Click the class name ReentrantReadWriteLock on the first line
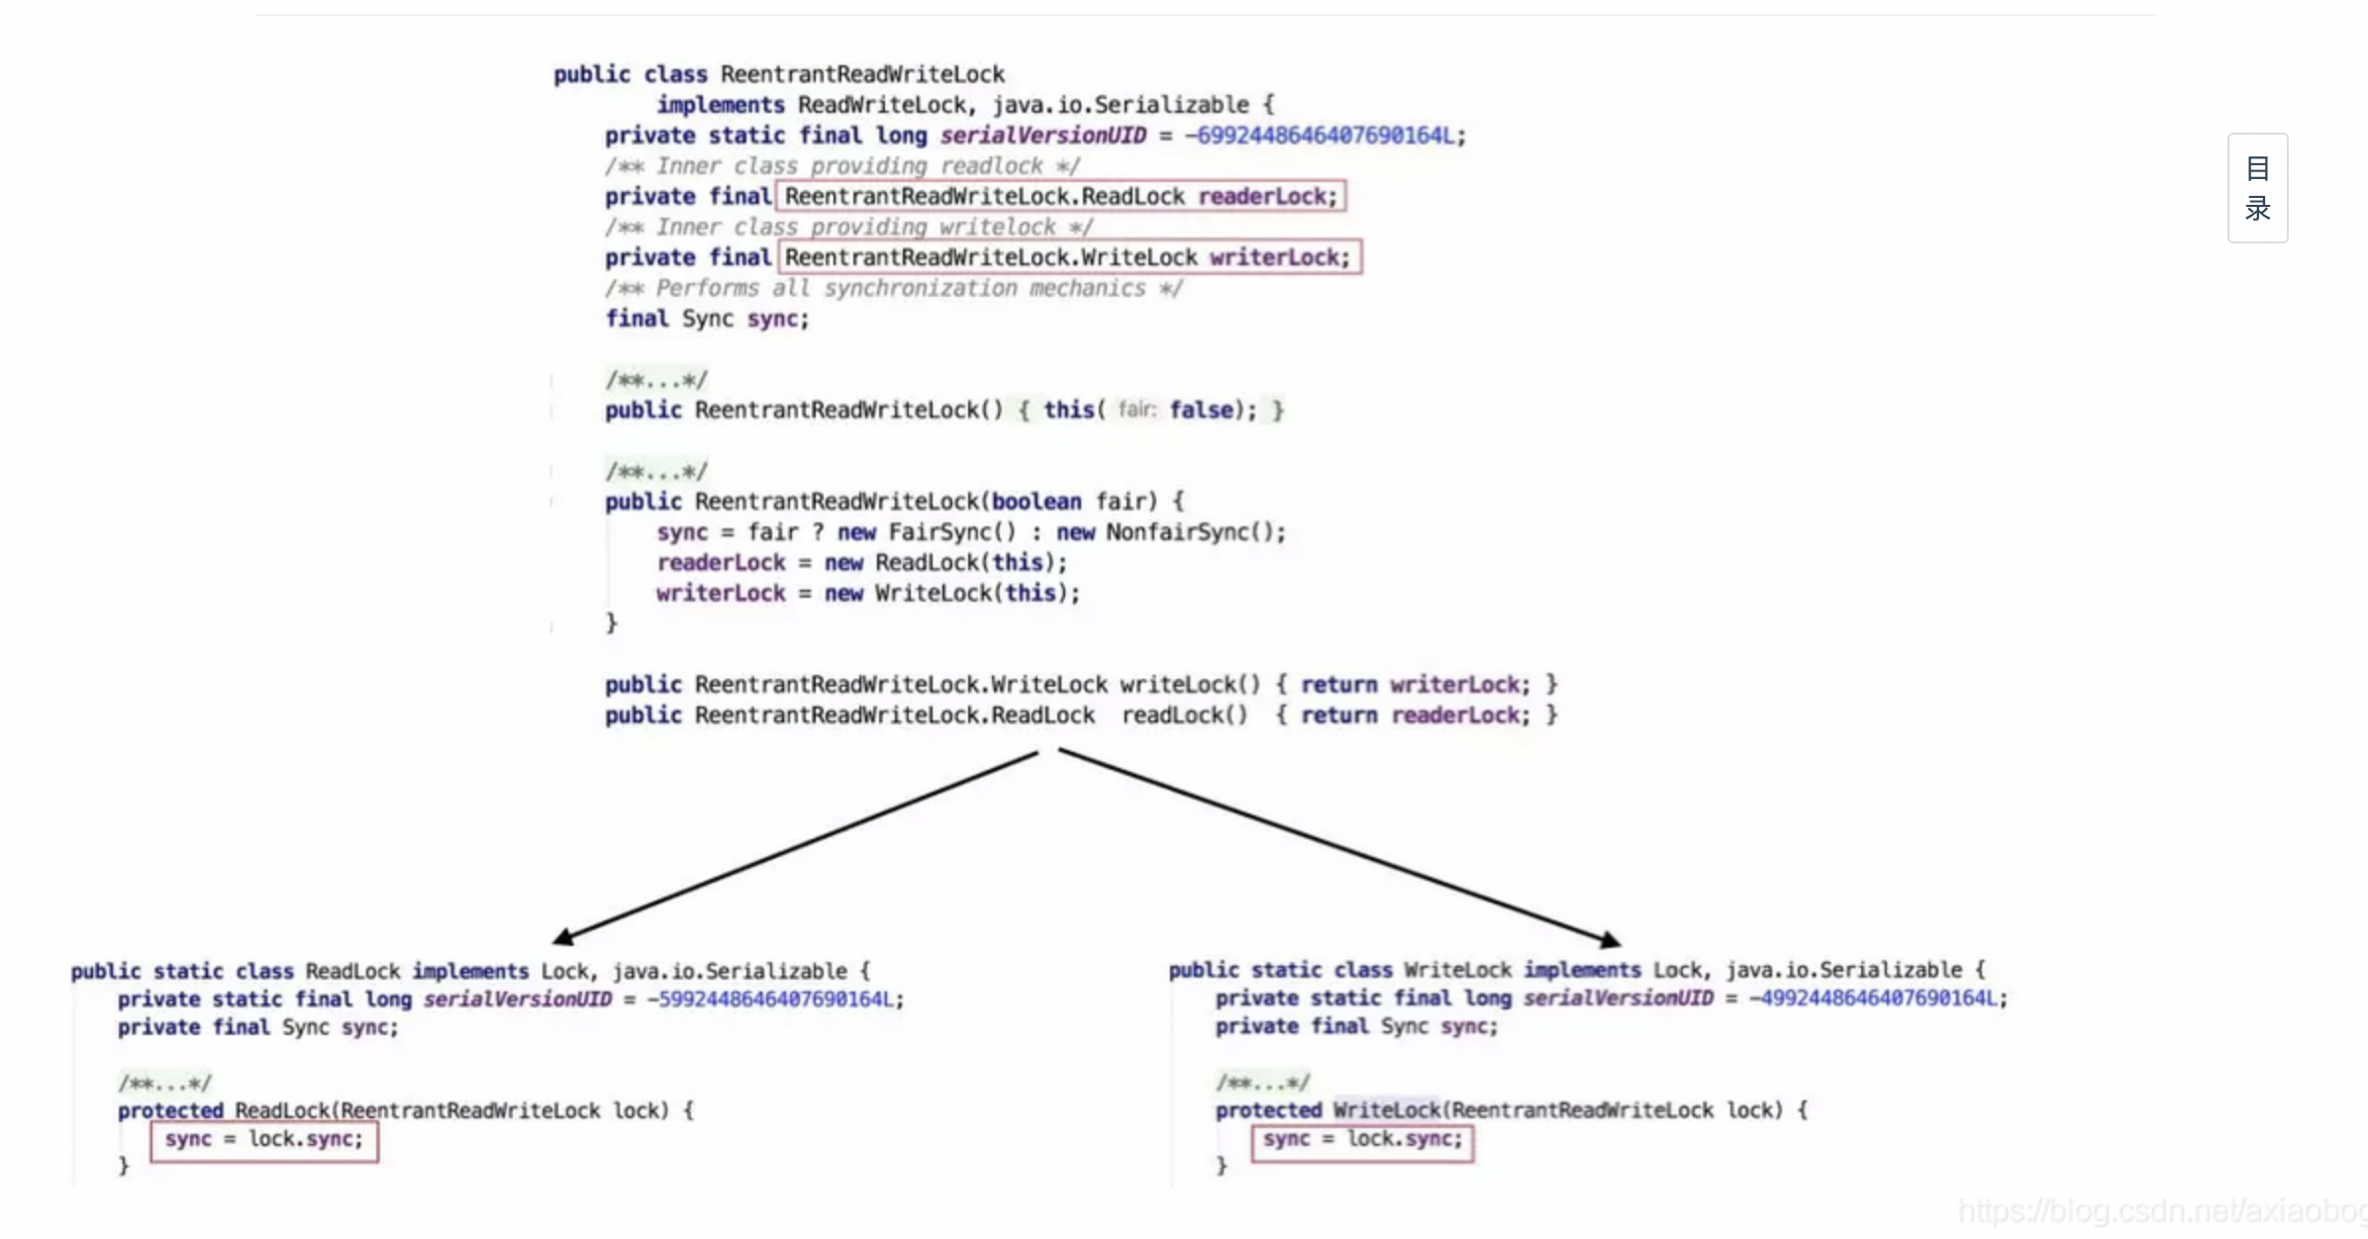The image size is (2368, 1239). click(862, 74)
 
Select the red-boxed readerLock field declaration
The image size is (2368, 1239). click(1060, 196)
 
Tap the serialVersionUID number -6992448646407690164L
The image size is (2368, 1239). click(1325, 136)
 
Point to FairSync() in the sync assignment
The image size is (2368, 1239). click(951, 532)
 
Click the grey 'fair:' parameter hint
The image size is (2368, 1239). click(1136, 410)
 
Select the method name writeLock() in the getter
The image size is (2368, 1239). click(1190, 685)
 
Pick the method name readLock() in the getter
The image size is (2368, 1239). click(1184, 715)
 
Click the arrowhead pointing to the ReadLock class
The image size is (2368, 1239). click(562, 936)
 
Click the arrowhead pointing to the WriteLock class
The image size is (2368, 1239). click(1611, 938)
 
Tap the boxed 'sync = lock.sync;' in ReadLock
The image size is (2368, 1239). click(264, 1139)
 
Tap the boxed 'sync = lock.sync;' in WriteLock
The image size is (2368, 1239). click(1362, 1139)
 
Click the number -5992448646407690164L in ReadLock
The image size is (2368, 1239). click(775, 1000)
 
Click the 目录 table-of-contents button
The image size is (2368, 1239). click(2257, 188)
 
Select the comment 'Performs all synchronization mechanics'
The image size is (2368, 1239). click(893, 288)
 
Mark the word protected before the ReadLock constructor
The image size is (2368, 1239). click(170, 1110)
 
